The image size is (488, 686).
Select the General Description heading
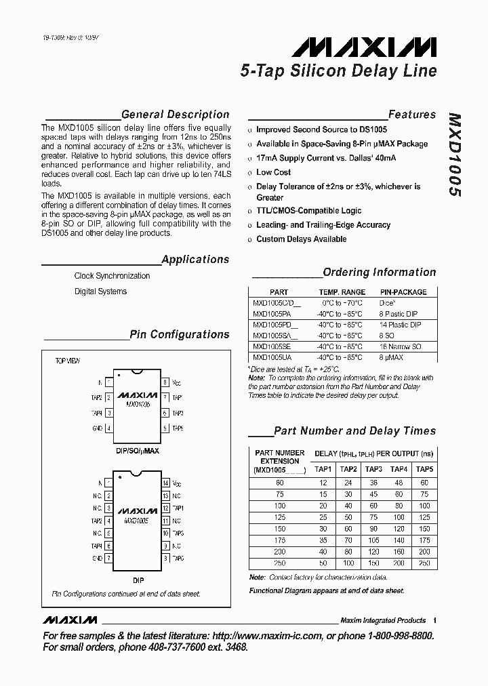[175, 115]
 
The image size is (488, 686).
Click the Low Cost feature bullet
[273, 172]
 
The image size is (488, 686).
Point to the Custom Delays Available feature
[301, 239]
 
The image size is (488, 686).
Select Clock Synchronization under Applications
[112, 276]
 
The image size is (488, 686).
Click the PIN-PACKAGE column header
[403, 292]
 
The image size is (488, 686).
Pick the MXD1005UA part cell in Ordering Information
[272, 357]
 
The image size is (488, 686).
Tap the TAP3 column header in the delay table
[373, 469]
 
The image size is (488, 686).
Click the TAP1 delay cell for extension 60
[323, 483]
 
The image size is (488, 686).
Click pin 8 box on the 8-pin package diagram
[165, 382]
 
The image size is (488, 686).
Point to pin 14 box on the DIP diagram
[165, 483]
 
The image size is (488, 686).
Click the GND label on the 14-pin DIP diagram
[97, 558]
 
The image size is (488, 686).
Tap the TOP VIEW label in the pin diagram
[68, 361]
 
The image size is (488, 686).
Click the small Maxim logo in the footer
[70, 620]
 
